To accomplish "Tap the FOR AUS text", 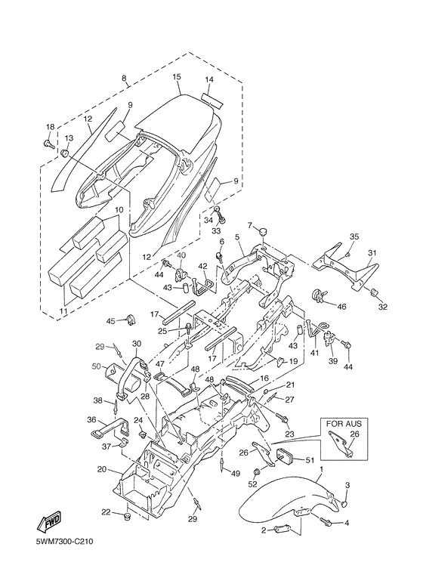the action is (344, 424).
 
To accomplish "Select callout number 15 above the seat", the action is (177, 77).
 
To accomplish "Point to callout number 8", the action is (124, 79).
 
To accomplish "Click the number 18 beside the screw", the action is (51, 127).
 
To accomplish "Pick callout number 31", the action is (372, 253).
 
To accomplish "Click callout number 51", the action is (310, 460).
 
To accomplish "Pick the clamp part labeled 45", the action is (131, 320).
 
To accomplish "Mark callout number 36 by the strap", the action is (91, 420).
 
